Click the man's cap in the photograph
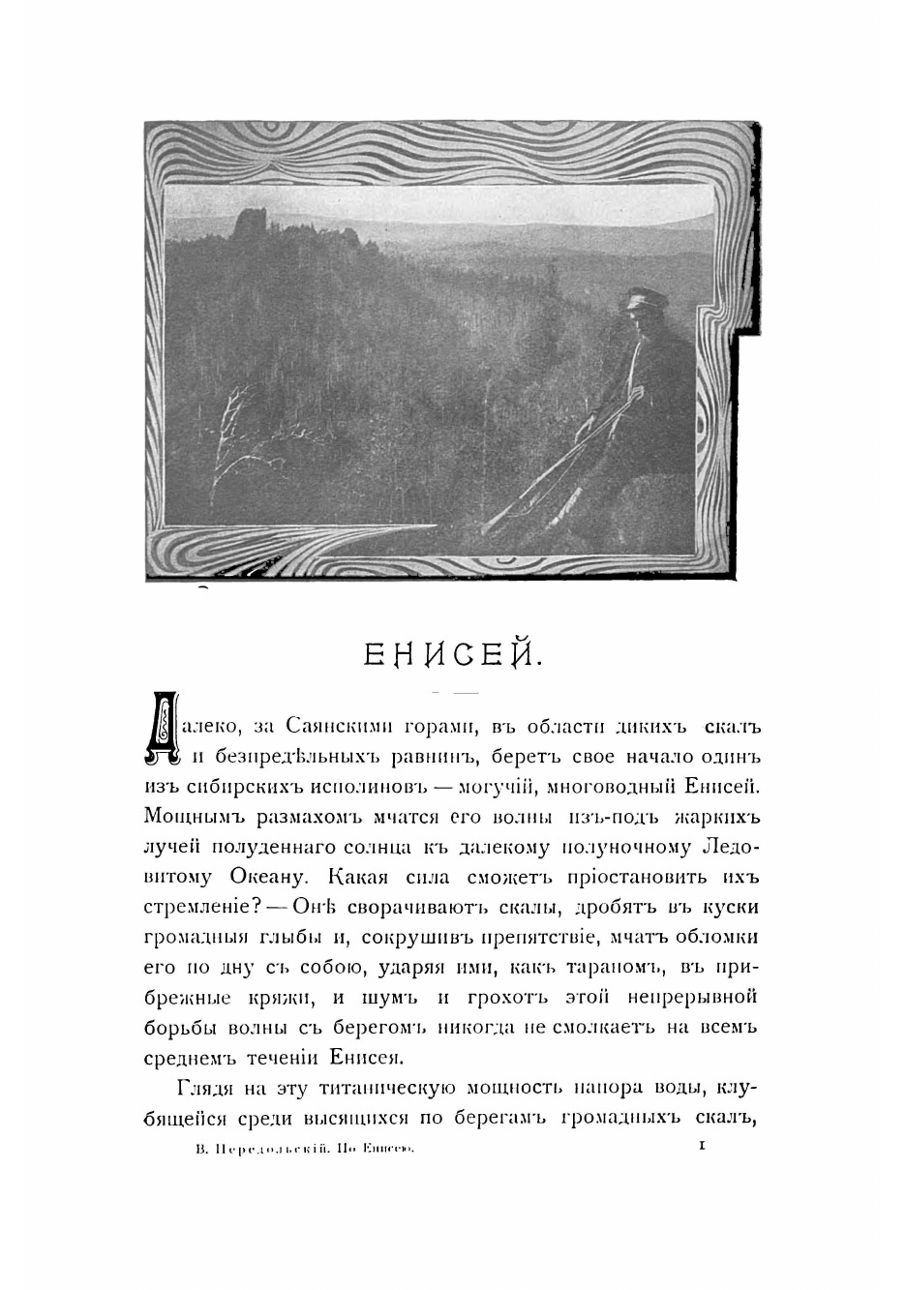639,298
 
